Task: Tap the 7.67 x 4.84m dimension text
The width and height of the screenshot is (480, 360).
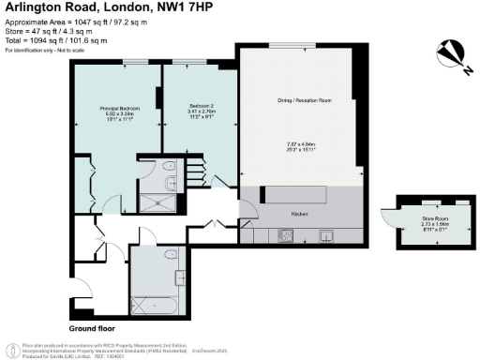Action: [300, 142]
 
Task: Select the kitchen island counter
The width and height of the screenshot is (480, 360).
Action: [294, 195]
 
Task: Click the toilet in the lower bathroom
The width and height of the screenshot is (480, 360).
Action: [180, 277]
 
